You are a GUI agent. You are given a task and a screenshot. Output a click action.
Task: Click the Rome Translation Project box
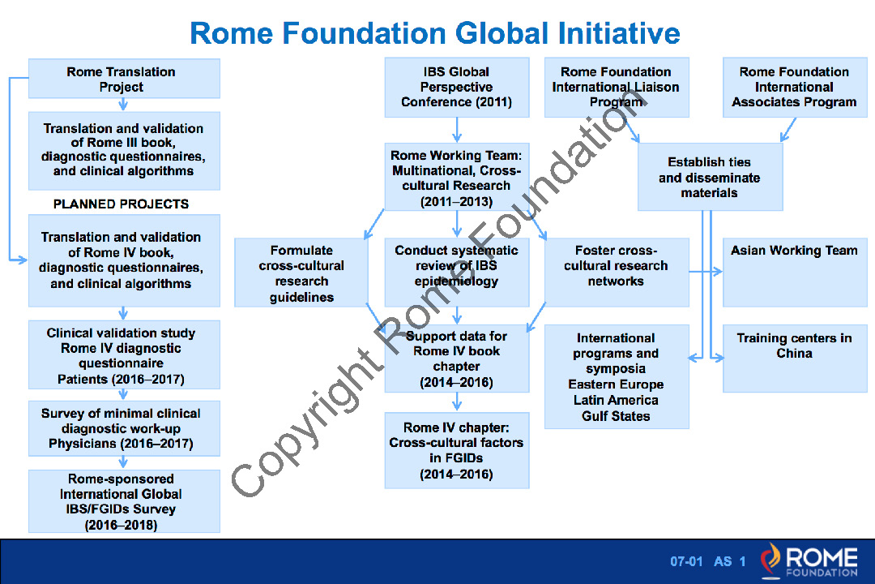124,79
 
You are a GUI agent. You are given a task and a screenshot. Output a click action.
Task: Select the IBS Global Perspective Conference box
456,87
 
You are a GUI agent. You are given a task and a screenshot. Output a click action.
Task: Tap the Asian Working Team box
795,273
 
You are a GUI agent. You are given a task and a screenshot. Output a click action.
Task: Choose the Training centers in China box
795,359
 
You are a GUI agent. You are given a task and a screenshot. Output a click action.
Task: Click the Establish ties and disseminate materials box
710,177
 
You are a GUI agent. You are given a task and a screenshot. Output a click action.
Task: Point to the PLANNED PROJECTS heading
121,204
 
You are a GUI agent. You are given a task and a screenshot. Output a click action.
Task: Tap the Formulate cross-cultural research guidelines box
301,273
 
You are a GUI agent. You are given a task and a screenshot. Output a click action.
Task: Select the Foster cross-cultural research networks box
617,273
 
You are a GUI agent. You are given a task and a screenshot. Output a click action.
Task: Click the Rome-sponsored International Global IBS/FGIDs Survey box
124,501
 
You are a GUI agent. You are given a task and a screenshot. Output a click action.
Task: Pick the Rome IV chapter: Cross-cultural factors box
456,450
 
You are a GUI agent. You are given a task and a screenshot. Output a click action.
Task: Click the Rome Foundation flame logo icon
770,560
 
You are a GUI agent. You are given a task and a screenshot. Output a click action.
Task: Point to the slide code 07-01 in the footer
686,561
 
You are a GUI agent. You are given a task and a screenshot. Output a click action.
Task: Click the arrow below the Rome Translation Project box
123,105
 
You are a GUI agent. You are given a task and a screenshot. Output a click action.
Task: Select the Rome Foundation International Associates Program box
795,87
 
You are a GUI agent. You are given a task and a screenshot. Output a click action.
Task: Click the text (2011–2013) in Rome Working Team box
456,202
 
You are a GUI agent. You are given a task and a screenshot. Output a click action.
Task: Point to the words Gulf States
616,416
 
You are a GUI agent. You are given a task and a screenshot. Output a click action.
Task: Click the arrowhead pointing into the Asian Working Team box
718,272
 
